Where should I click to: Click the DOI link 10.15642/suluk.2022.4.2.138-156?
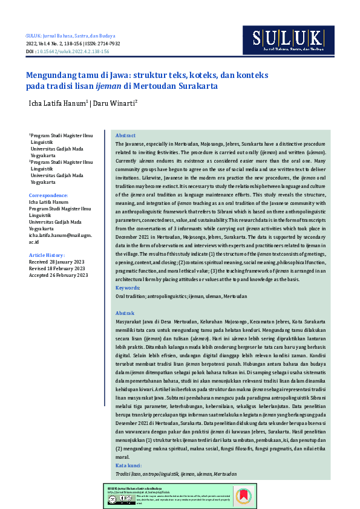(73, 52)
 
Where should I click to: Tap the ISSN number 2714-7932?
(109, 44)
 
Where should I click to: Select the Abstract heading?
(125, 136)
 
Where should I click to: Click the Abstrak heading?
(125, 313)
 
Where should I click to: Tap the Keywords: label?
(128, 288)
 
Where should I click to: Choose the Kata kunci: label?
(129, 465)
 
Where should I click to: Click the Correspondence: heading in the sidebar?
(48, 195)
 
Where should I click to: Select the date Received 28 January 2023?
(58, 262)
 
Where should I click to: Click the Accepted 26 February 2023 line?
(59, 275)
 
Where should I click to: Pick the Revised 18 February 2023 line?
(57, 269)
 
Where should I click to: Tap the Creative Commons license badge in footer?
(116, 499)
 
